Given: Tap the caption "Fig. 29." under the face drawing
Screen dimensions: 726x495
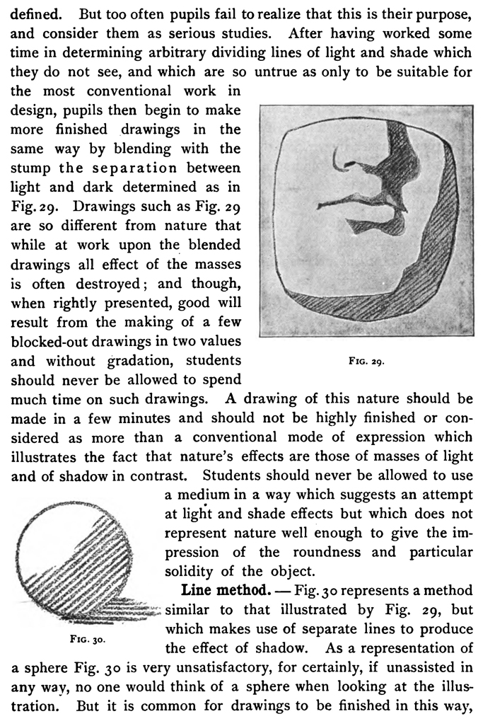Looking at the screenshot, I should pos(366,362).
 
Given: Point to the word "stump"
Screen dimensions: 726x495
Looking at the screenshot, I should pos(32,168).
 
